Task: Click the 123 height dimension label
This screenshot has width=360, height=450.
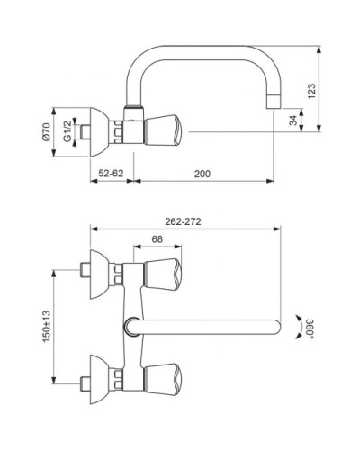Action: coord(311,92)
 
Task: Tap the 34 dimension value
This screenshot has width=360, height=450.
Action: coord(293,121)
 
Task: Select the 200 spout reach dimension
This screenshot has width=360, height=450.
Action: coord(202,174)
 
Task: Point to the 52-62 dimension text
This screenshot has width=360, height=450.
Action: coord(111,174)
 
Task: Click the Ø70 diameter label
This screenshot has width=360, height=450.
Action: coord(46,131)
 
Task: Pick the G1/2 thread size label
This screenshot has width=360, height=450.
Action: coord(67,131)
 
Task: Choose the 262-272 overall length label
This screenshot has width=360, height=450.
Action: coord(183,221)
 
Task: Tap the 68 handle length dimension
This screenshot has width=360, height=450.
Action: coord(157,239)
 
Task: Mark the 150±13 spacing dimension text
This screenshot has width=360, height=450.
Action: coord(46,326)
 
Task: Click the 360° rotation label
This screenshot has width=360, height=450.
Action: coord(310,328)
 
